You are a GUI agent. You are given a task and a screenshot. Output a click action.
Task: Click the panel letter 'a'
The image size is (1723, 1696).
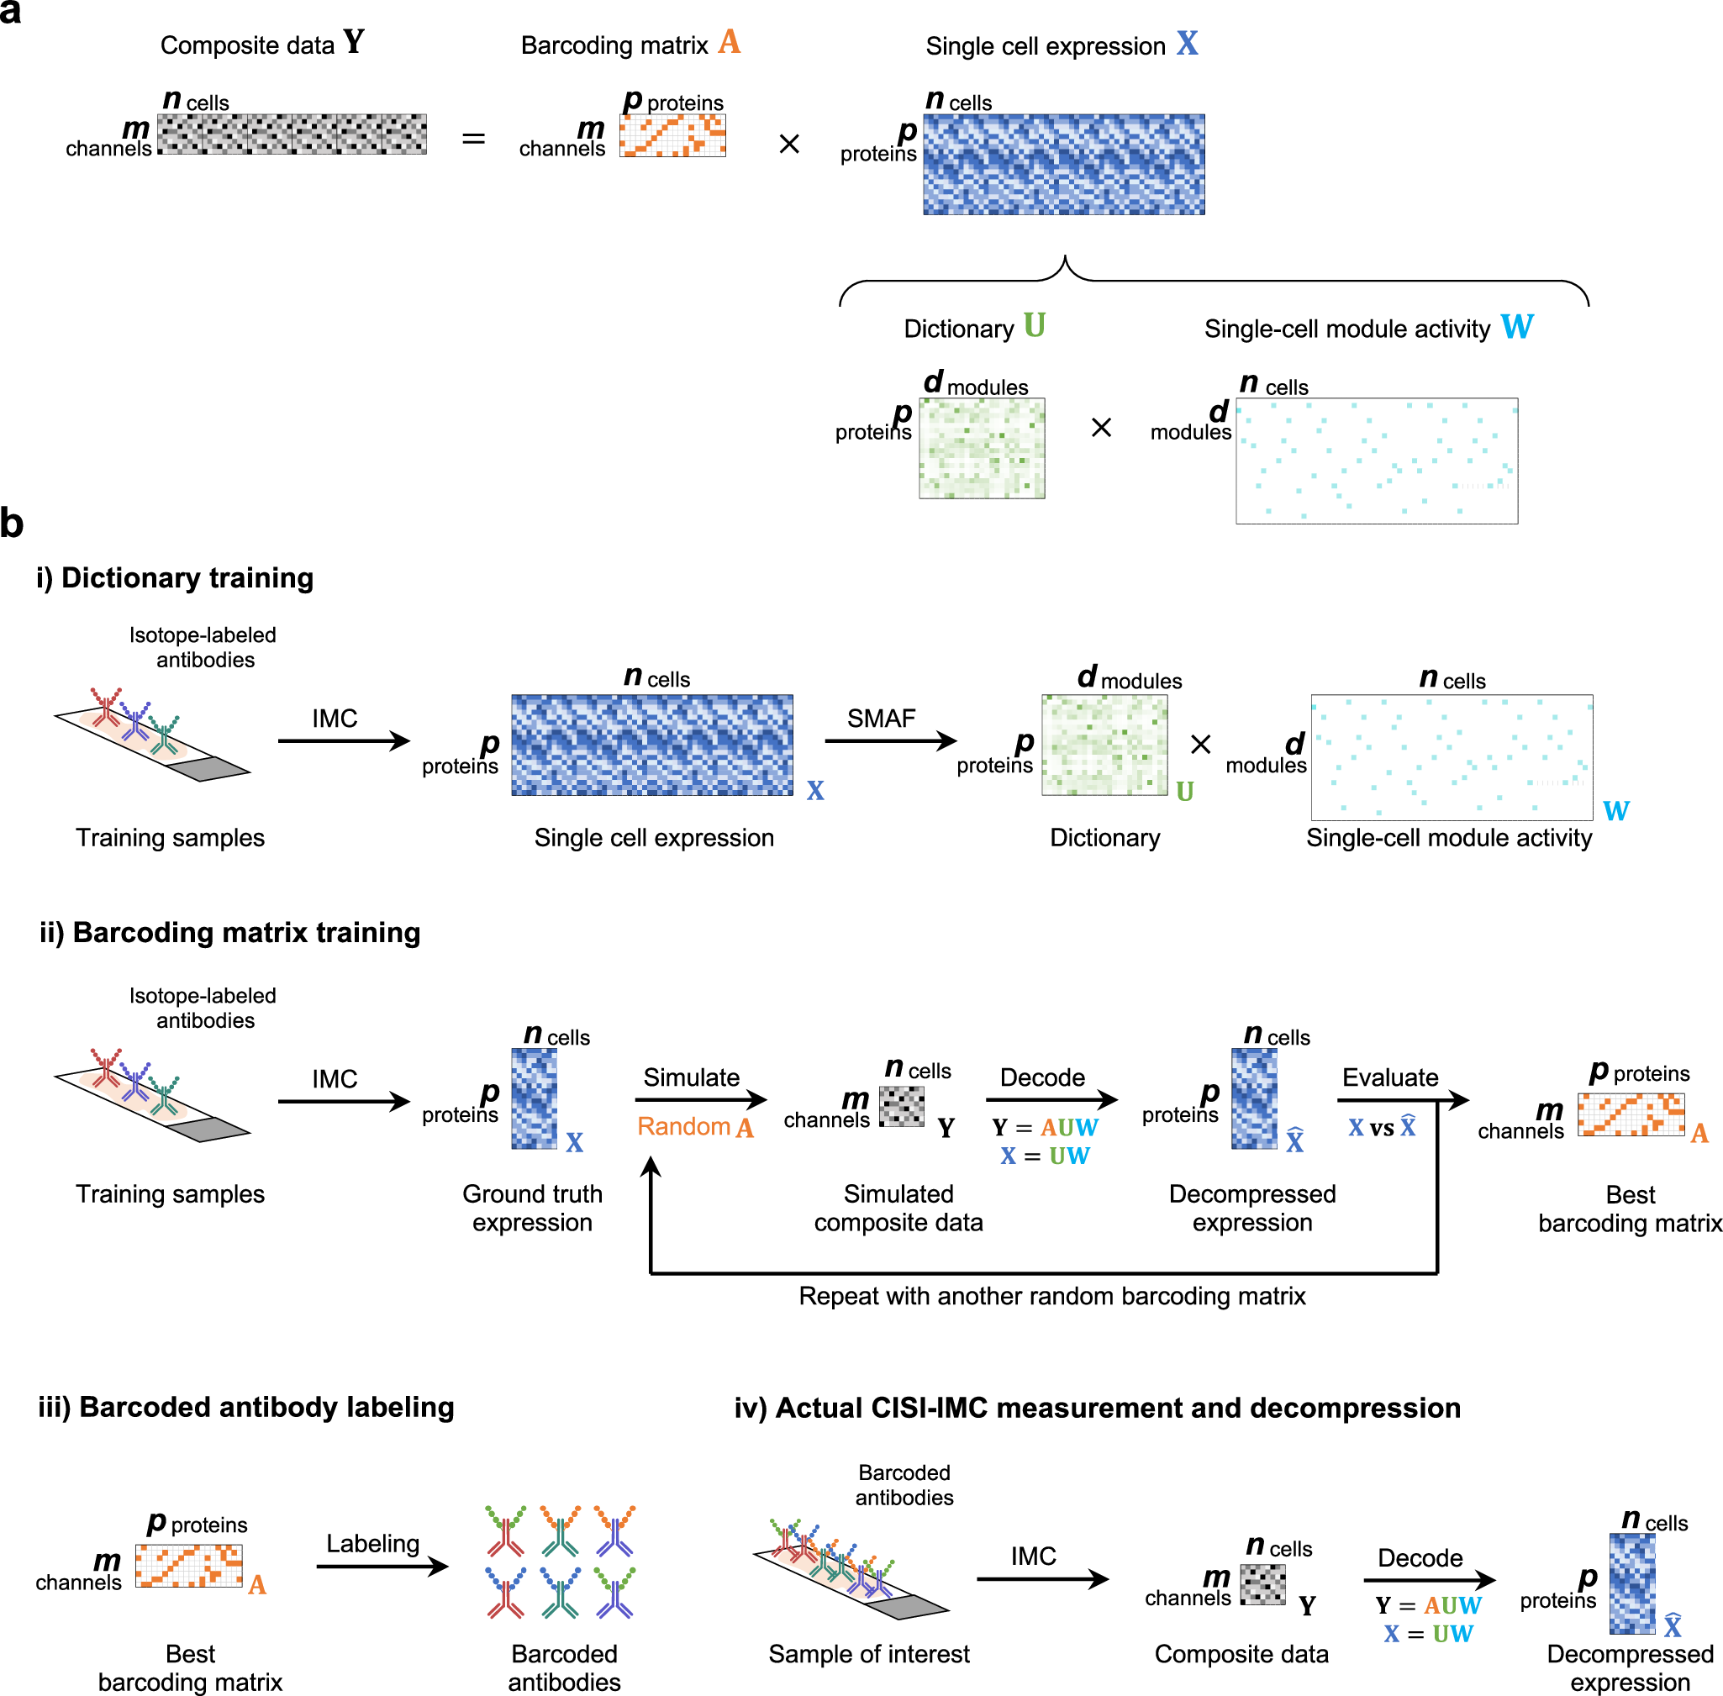click(x=11, y=13)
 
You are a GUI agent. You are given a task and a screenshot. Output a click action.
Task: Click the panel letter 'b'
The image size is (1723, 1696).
click(x=12, y=523)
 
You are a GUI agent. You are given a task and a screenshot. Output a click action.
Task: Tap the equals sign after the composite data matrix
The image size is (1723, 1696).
click(x=473, y=139)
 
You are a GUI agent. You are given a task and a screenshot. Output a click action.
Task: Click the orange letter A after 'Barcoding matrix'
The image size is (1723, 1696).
click(x=729, y=43)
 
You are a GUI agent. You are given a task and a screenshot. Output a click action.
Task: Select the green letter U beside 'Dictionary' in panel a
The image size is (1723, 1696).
click(x=1034, y=326)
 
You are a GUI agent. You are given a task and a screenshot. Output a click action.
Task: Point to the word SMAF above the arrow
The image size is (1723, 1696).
click(x=880, y=718)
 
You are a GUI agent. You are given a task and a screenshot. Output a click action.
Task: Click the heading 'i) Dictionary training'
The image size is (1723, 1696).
click(x=175, y=578)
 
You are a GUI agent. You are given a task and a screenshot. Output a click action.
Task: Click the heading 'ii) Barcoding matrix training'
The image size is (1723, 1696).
click(x=229, y=933)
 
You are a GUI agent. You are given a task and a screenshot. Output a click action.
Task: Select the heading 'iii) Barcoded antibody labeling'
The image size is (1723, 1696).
click(x=246, y=1408)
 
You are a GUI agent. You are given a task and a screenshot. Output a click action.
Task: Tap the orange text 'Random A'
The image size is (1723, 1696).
click(x=695, y=1127)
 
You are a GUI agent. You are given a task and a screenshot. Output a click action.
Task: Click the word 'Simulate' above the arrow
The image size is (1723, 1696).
click(x=692, y=1077)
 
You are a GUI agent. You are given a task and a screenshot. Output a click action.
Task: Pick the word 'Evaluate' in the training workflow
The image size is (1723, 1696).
click(x=1390, y=1077)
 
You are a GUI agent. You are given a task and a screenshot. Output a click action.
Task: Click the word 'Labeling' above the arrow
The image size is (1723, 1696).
click(x=372, y=1544)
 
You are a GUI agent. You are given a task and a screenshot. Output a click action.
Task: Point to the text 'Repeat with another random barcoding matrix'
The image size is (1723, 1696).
click(x=1051, y=1296)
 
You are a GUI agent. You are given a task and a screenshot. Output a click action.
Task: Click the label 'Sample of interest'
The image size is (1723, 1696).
click(x=868, y=1654)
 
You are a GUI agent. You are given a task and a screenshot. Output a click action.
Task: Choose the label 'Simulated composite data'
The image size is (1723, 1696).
click(x=898, y=1208)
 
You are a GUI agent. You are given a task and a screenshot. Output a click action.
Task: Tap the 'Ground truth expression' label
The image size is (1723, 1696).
click(x=532, y=1208)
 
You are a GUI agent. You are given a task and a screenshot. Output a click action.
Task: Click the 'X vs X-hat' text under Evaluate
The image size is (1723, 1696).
click(x=1381, y=1128)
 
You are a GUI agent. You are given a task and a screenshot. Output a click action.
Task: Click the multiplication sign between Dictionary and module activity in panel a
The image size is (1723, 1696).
click(x=1101, y=428)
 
